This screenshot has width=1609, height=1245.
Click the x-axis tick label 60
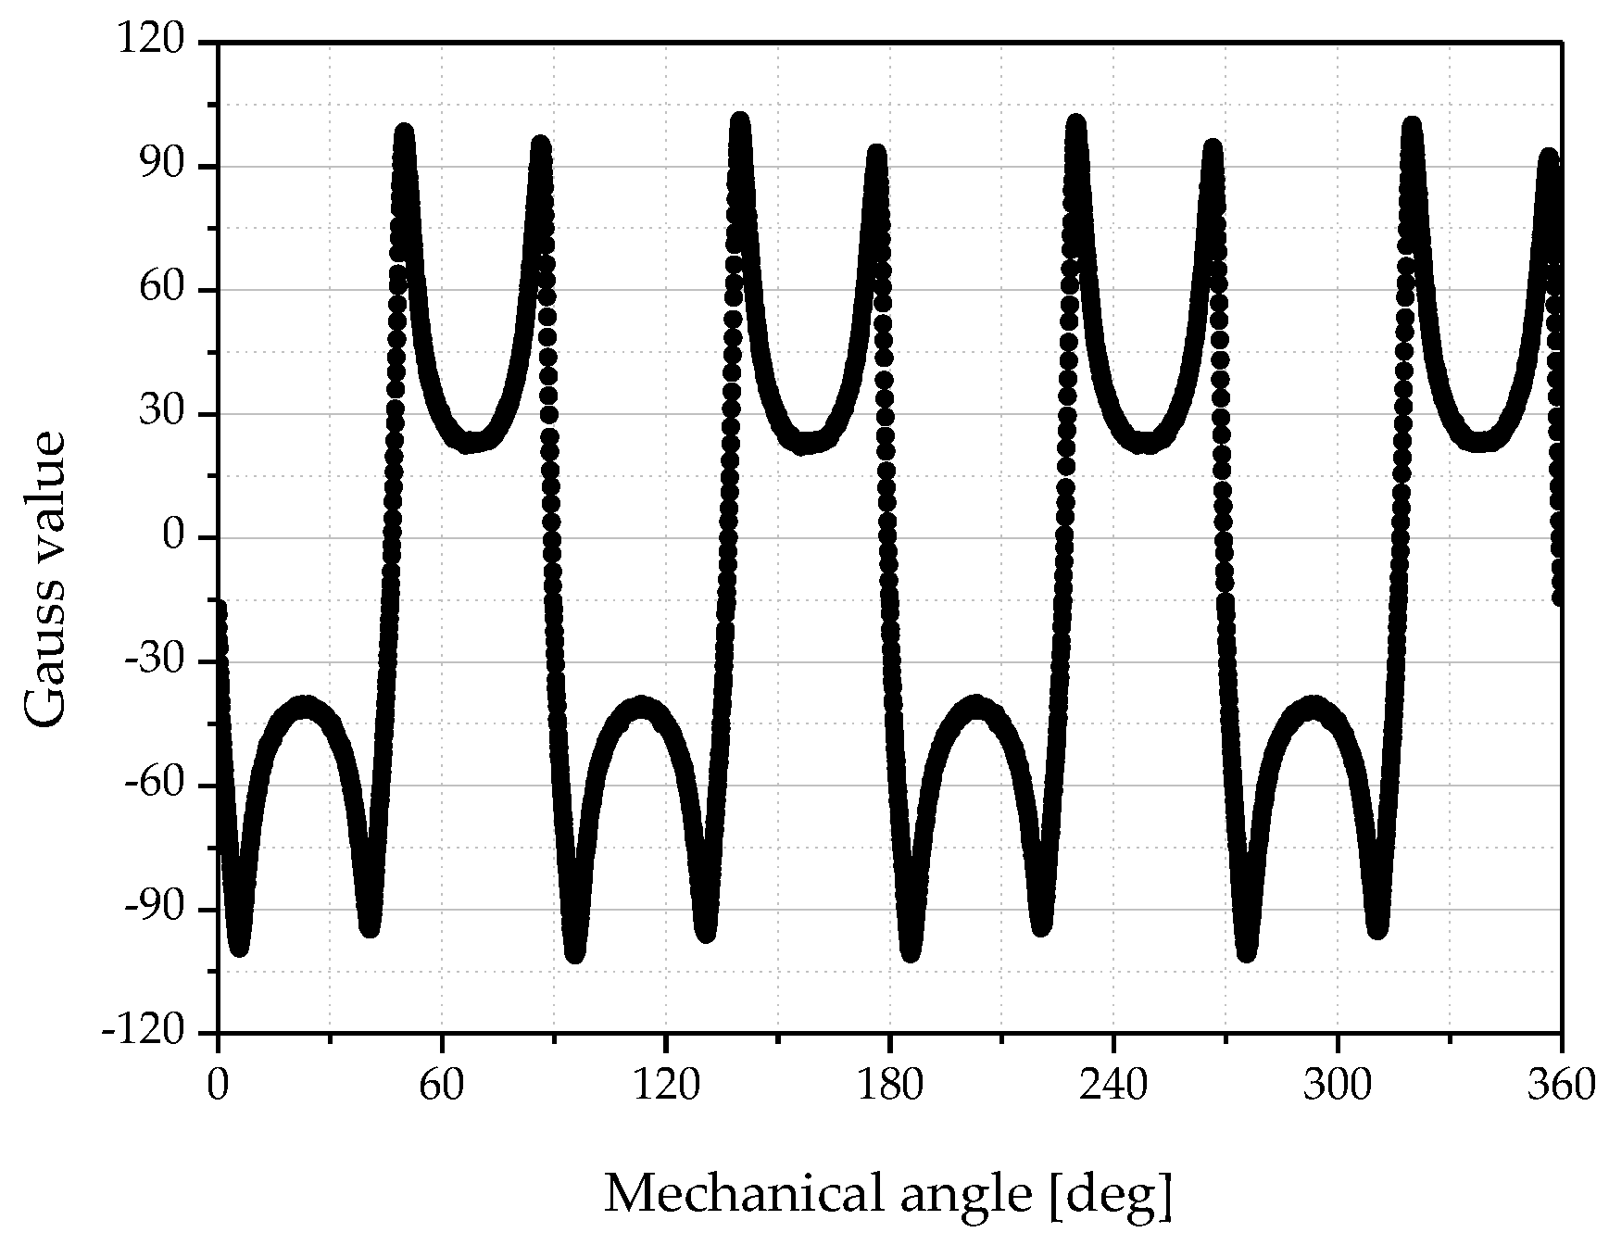click(x=442, y=1084)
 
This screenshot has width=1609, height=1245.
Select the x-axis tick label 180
click(x=890, y=1084)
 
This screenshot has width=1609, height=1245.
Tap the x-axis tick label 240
click(x=1114, y=1084)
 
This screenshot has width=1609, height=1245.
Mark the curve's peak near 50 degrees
click(x=404, y=132)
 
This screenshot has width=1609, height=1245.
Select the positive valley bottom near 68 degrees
click(x=472, y=443)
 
